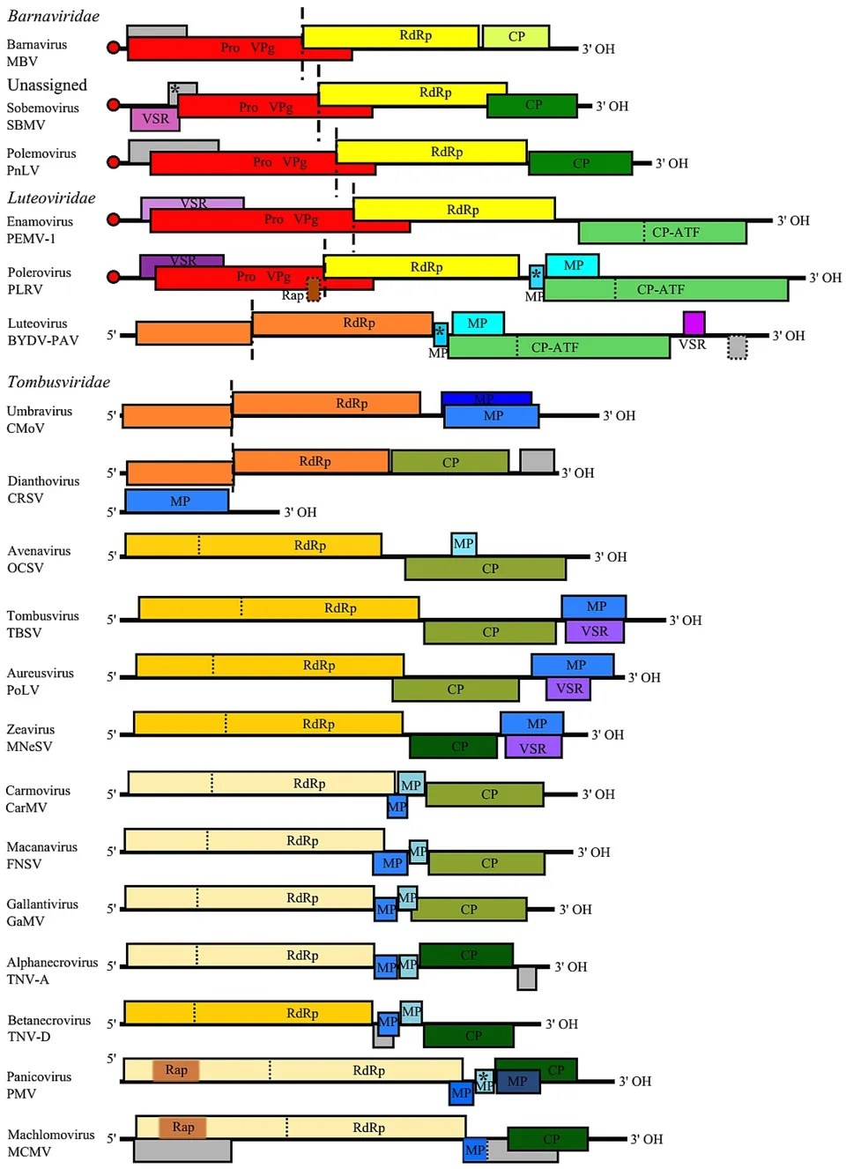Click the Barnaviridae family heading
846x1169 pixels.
point(53,16)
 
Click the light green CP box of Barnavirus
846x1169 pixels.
point(516,36)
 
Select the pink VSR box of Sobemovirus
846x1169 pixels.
point(155,118)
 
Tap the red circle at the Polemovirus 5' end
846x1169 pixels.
point(113,162)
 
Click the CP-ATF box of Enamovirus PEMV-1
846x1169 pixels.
point(663,233)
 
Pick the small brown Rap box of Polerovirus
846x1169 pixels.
point(313,289)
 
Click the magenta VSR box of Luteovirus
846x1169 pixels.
point(694,323)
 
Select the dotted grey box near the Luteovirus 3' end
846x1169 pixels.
point(738,347)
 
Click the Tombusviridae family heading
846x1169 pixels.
point(58,382)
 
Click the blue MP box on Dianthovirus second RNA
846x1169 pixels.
point(177,501)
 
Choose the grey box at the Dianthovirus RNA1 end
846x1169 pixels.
point(537,460)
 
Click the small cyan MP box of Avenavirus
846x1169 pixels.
point(464,543)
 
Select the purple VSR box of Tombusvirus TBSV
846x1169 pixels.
point(594,631)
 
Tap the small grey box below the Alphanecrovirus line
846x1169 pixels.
point(527,978)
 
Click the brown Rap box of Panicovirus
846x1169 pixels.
point(176,1069)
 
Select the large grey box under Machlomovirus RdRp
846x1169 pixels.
point(182,1150)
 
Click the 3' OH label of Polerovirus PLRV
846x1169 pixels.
point(826,278)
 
